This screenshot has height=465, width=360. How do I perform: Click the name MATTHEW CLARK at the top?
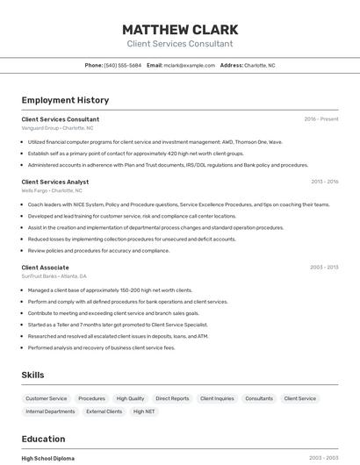pyautogui.click(x=180, y=29)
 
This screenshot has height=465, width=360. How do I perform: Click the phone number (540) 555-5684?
pyautogui.click(x=123, y=65)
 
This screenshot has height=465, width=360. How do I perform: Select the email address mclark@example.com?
pyautogui.click(x=190, y=65)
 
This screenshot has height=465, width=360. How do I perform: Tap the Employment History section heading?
pyautogui.click(x=65, y=100)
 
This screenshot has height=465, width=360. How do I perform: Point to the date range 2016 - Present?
pyautogui.click(x=321, y=119)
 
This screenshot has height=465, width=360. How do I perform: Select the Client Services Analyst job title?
pyautogui.click(x=54, y=182)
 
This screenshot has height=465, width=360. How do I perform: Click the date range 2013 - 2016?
pyautogui.click(x=324, y=182)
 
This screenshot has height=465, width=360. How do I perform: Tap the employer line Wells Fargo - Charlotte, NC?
pyautogui.click(x=52, y=190)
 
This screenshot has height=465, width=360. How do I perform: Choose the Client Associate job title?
pyautogui.click(x=45, y=267)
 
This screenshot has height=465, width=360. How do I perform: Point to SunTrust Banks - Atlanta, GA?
pyautogui.click(x=54, y=275)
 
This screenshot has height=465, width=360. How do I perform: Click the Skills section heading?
pyautogui.click(x=32, y=375)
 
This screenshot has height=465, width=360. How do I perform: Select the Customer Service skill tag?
pyautogui.click(x=46, y=398)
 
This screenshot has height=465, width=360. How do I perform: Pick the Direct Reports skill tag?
pyautogui.click(x=172, y=398)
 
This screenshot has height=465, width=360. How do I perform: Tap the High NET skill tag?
pyautogui.click(x=144, y=411)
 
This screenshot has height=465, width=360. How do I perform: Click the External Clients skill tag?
pyautogui.click(x=104, y=411)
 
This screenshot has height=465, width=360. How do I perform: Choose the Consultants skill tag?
pyautogui.click(x=259, y=398)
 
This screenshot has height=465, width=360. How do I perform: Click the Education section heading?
pyautogui.click(x=43, y=439)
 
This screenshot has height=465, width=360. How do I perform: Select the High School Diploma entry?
pyautogui.click(x=48, y=458)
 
